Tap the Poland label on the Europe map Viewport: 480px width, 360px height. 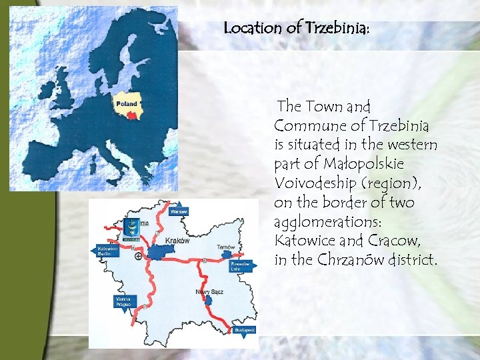(127, 103)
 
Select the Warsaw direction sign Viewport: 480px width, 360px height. (179, 211)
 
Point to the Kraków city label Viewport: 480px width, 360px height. (177, 241)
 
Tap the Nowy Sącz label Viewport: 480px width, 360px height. (209, 291)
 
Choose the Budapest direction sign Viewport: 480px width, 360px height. (245, 331)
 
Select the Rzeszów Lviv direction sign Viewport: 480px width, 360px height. (240, 267)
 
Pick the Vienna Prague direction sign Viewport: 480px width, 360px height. (123, 301)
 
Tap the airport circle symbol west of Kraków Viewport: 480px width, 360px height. (138, 256)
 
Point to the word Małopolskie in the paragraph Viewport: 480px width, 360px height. (363, 164)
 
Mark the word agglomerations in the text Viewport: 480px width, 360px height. (319, 221)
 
